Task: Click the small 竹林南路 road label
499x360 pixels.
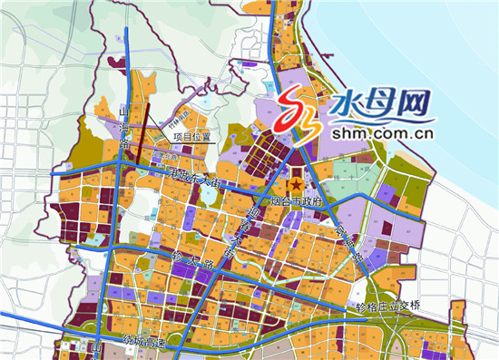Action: pyautogui.click(x=181, y=124)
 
